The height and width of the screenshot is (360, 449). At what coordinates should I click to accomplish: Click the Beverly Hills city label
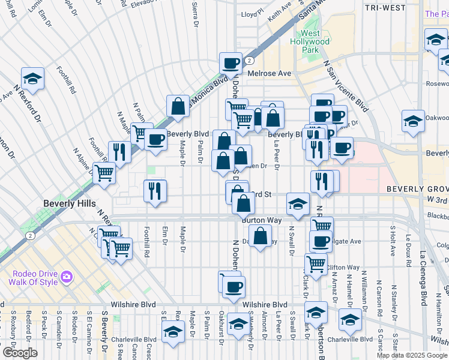(69, 204)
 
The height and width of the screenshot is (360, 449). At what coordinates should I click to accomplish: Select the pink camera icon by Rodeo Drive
(65, 277)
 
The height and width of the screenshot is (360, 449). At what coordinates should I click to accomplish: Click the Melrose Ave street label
(271, 73)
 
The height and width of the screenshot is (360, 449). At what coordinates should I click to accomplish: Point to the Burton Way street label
(262, 221)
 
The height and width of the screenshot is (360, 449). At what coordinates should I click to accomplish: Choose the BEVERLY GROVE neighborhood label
(417, 189)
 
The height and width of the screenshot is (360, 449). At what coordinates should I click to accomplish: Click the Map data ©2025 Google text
(412, 355)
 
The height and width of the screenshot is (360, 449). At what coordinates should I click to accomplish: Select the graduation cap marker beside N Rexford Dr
(32, 78)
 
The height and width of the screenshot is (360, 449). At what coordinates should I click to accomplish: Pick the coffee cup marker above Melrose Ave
(231, 62)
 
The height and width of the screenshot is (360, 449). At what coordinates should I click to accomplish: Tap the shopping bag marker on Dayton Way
(260, 236)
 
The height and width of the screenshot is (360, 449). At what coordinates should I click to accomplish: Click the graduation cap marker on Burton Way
(298, 203)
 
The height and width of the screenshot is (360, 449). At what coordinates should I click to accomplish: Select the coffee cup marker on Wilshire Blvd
(234, 286)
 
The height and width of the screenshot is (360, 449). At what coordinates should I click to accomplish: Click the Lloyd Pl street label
(252, 12)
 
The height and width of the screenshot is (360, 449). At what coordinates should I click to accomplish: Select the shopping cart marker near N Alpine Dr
(104, 173)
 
